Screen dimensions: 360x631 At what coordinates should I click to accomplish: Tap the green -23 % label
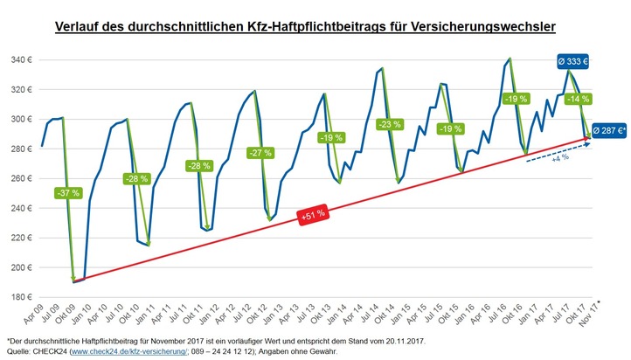[x=389, y=125]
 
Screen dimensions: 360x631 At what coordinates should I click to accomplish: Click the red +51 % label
[x=312, y=213]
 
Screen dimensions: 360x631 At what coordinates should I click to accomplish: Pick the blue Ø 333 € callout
[x=573, y=62]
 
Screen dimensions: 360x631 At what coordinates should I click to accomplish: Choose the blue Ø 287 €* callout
[x=608, y=130]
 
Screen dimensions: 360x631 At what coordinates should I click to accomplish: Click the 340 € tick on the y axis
[x=21, y=60]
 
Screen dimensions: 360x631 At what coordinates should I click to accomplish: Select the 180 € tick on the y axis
[x=21, y=297]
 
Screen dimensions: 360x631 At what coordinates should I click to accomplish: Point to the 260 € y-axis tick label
[x=21, y=178]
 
